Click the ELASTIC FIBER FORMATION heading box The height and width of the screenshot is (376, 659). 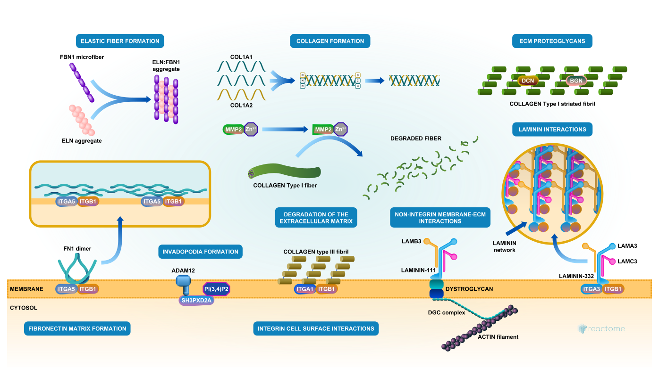(120, 41)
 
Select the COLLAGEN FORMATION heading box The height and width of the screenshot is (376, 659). (330, 41)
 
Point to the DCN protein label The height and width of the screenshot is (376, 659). (528, 81)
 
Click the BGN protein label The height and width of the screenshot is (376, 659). (576, 81)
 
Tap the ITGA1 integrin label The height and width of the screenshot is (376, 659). (304, 289)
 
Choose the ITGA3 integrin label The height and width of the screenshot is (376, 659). (591, 289)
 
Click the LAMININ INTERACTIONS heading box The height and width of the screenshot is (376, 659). (552, 129)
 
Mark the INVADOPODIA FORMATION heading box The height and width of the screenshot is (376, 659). (200, 252)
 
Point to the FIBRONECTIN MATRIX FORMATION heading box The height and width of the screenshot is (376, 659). (77, 328)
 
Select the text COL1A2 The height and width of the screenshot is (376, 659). (241, 106)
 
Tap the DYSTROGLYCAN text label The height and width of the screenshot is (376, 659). (469, 289)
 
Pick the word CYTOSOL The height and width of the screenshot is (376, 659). (23, 308)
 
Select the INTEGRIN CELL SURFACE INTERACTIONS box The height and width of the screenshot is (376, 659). (316, 328)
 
